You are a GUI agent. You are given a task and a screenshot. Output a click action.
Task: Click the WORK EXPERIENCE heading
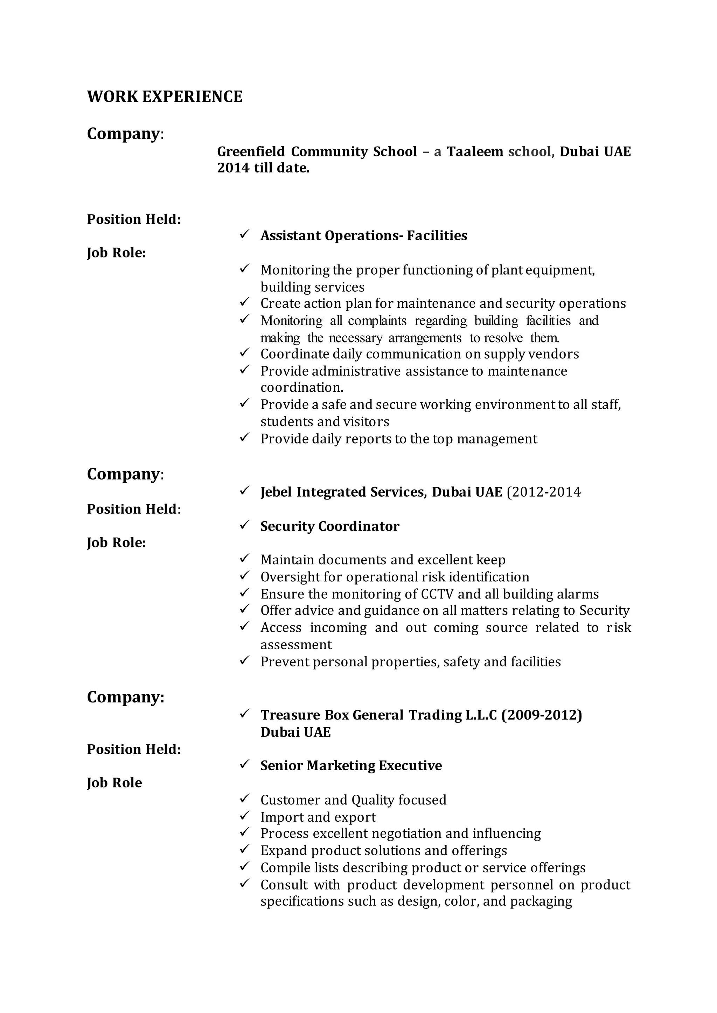coord(165,97)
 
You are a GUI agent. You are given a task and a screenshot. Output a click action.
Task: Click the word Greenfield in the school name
coord(250,152)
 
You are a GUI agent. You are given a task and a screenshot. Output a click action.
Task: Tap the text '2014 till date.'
coord(263,168)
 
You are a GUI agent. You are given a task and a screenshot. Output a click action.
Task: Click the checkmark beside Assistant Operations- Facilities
coord(245,234)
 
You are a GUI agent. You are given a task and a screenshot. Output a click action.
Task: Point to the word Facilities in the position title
coord(437,236)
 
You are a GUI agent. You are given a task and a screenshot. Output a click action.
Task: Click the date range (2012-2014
coord(543,492)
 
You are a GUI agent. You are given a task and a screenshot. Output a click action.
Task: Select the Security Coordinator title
coord(329,526)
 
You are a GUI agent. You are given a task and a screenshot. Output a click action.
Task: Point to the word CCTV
coord(437,594)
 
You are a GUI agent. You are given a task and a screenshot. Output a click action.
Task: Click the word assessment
coord(296,645)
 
